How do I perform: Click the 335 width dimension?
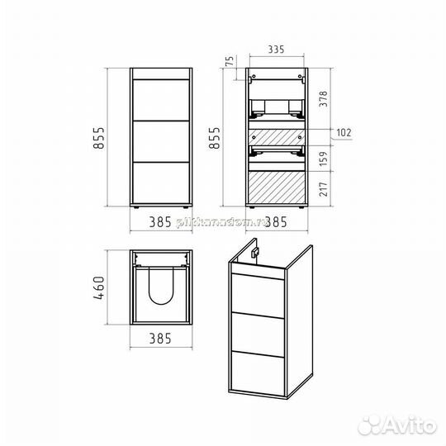(277, 50)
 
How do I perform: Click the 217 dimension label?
(324, 188)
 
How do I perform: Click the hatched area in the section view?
(277, 187)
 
